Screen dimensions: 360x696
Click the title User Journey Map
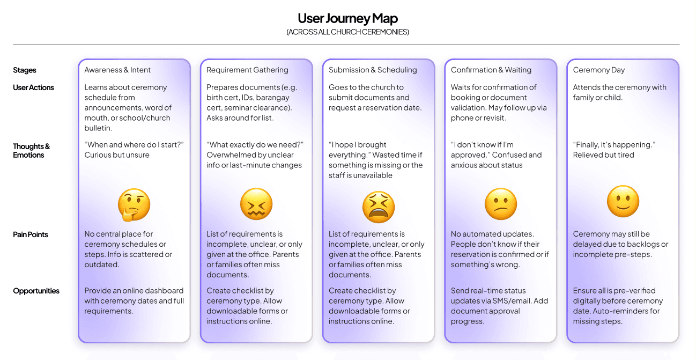tap(347, 18)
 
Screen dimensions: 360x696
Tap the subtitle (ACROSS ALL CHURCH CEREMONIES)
tap(347, 32)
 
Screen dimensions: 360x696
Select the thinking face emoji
tap(134, 205)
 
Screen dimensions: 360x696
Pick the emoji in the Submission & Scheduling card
tap(378, 207)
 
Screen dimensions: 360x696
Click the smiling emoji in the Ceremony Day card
tap(623, 202)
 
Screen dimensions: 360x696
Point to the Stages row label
tap(25, 70)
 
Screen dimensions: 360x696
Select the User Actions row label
tap(33, 87)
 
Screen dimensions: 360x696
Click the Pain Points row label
tap(31, 234)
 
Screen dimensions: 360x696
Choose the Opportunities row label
tap(36, 291)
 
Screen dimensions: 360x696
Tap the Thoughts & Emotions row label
tap(32, 151)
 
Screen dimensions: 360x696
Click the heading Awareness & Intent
tap(117, 70)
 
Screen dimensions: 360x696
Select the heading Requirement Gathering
tap(247, 70)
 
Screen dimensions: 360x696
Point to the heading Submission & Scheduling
tap(373, 70)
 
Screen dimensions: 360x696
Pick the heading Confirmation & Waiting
tap(491, 70)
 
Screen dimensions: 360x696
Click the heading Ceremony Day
tap(599, 70)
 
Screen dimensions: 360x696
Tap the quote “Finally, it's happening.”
tap(614, 145)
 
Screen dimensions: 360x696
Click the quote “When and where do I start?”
tap(134, 145)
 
